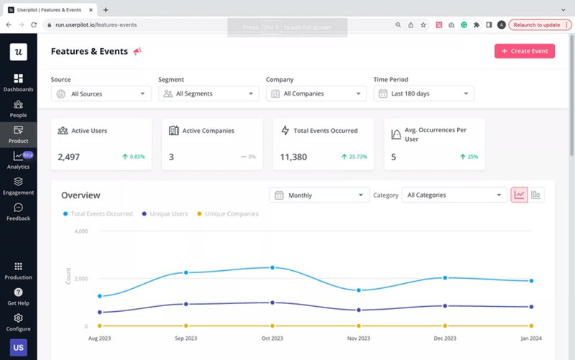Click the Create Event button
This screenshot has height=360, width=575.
click(524, 51)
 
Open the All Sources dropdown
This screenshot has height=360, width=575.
click(101, 93)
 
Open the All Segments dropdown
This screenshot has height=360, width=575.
click(208, 93)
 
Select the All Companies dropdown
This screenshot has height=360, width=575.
click(316, 93)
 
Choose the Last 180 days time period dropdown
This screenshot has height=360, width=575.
click(424, 93)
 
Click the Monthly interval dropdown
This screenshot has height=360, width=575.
click(319, 195)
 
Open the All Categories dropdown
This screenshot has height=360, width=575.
click(454, 195)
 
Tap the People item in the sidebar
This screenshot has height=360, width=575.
click(18, 109)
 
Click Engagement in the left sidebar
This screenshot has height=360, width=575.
click(18, 186)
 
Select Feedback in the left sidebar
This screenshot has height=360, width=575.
click(18, 212)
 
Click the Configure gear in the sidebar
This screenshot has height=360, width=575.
click(18, 322)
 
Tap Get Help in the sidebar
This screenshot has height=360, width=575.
click(18, 296)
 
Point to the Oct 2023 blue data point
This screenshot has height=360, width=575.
click(272, 267)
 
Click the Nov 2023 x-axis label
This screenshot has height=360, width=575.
click(359, 338)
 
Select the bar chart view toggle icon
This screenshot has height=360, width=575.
click(536, 195)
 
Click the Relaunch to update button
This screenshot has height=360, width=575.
click(540, 24)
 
